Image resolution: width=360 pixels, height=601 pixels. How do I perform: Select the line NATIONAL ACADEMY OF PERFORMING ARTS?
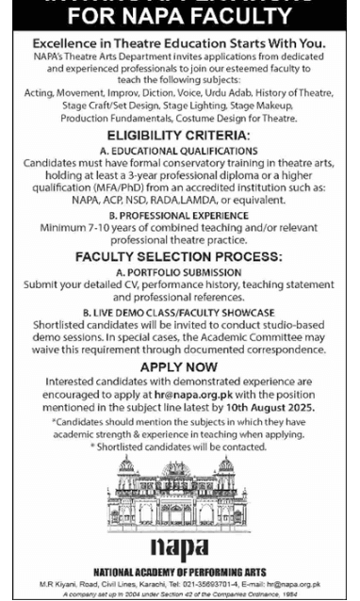179,572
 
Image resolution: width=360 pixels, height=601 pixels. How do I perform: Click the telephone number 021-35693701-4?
223,584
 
